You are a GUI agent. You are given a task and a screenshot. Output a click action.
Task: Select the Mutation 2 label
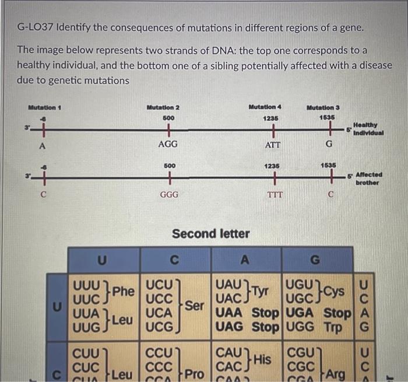163,107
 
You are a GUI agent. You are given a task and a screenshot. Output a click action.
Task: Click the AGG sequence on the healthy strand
168,144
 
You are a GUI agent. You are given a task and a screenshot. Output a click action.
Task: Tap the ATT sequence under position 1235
272,144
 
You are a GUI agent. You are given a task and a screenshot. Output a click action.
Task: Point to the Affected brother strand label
368,178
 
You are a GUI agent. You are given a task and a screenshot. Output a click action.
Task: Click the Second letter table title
210,234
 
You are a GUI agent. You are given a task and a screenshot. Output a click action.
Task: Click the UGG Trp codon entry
318,328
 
